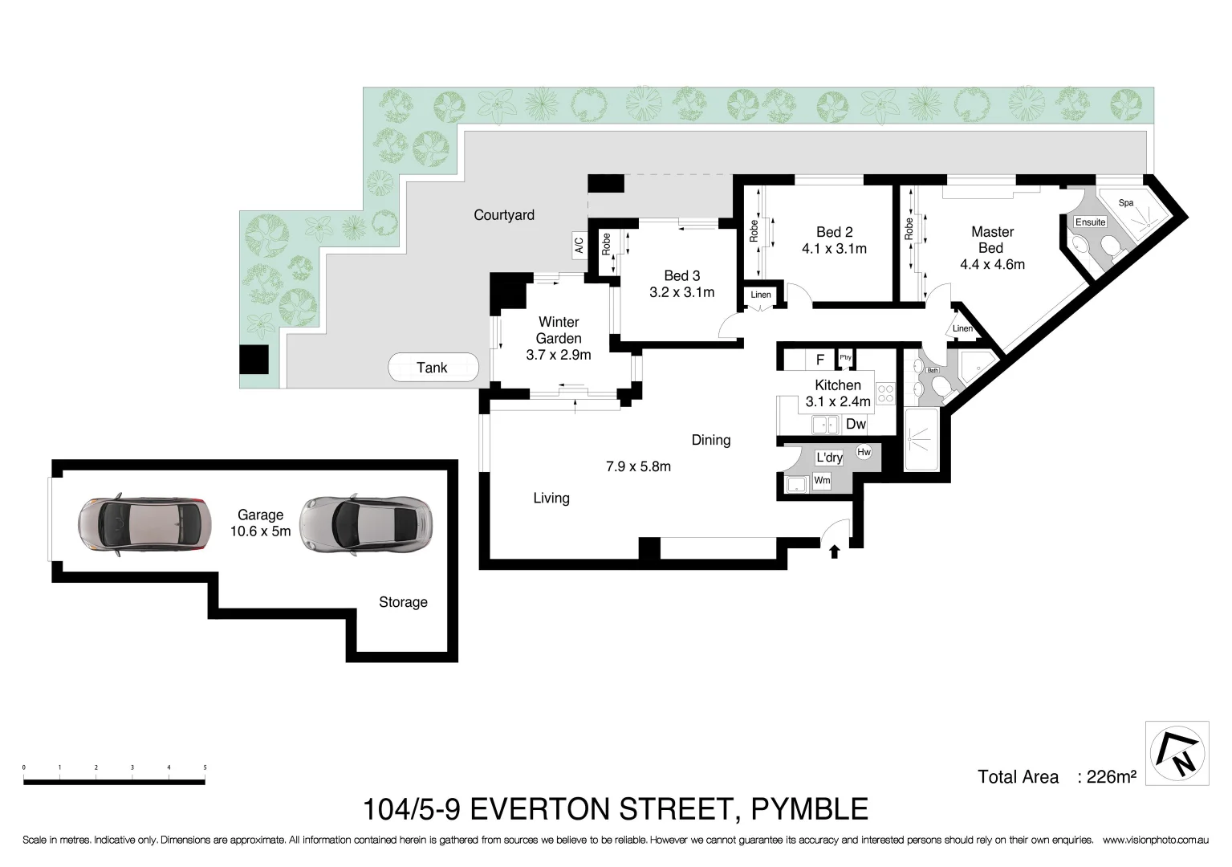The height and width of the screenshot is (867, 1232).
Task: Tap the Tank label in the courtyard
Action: tap(432, 368)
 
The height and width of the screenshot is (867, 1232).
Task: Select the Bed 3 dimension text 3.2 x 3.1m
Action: tap(681, 293)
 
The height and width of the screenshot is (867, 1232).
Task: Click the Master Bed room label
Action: tap(992, 240)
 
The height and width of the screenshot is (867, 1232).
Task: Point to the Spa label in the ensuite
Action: tap(1126, 203)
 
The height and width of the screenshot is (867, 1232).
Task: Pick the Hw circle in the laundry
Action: tap(864, 453)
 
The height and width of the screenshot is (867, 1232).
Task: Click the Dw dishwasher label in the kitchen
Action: tap(856, 425)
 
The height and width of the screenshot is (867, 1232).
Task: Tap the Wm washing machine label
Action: tap(822, 481)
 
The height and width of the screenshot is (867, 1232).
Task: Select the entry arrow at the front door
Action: tap(835, 552)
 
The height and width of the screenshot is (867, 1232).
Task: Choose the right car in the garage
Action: tap(366, 526)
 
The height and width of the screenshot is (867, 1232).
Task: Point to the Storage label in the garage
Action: tap(403, 602)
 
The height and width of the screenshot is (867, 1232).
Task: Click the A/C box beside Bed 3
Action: tap(579, 244)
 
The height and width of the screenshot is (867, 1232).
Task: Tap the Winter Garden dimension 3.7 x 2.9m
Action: tap(559, 355)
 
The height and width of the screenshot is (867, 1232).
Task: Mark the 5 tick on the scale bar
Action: tap(205, 768)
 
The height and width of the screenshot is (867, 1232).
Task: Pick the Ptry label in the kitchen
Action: tap(845, 358)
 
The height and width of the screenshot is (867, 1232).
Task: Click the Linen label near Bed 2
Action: tap(760, 295)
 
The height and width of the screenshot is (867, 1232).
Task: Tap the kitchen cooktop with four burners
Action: tap(885, 393)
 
